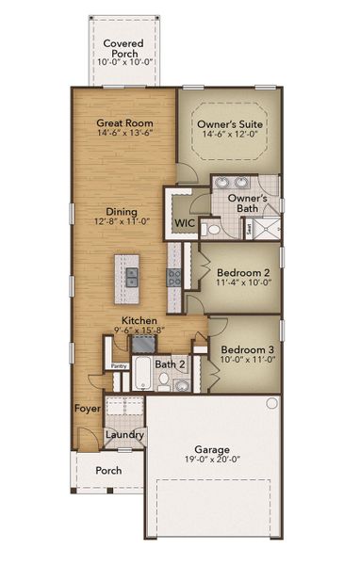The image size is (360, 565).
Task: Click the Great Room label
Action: (x=124, y=122)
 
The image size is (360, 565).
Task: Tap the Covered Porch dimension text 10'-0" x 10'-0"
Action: (x=123, y=62)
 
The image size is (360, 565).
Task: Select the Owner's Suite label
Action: (x=230, y=124)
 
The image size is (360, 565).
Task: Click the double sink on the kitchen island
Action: (x=132, y=277)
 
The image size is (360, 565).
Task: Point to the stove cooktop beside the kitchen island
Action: (x=173, y=278)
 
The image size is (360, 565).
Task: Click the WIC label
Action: (x=185, y=222)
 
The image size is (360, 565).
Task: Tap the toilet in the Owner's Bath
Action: (x=212, y=230)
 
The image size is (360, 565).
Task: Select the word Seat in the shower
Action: (x=249, y=229)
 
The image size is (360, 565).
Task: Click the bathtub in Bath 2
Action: (x=140, y=374)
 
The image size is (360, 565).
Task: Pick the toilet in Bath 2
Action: (x=164, y=380)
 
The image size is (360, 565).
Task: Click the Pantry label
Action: (x=119, y=366)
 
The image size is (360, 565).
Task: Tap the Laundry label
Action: (x=124, y=435)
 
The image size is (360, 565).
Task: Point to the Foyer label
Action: (x=88, y=409)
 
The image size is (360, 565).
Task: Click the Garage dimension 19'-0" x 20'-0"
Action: (x=212, y=460)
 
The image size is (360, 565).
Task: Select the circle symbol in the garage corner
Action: (x=272, y=403)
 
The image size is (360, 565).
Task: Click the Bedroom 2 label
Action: (x=243, y=273)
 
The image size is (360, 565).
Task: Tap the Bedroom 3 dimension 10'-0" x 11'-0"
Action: (x=248, y=360)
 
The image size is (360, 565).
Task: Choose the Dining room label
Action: (x=122, y=212)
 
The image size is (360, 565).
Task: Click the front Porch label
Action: (x=108, y=471)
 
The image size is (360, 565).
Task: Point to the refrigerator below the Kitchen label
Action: (x=144, y=344)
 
